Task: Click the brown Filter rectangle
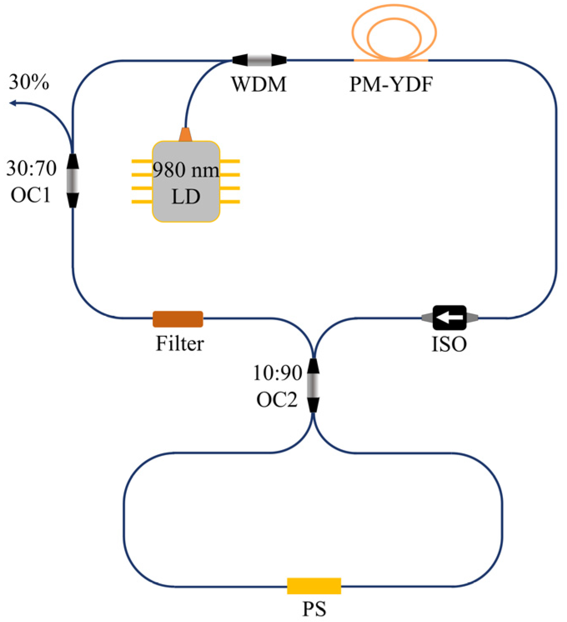click(178, 319)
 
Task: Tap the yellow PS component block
click(314, 586)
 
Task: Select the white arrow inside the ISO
click(449, 317)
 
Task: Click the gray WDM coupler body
click(259, 60)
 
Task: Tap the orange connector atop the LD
click(186, 135)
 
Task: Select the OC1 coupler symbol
click(73, 180)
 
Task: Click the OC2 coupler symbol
click(313, 385)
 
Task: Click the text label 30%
click(29, 82)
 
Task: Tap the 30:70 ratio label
click(31, 169)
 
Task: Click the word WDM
click(259, 85)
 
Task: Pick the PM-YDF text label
click(391, 85)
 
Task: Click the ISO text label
click(449, 344)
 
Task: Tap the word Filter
click(180, 344)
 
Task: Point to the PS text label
click(314, 609)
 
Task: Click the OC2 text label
click(277, 400)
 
